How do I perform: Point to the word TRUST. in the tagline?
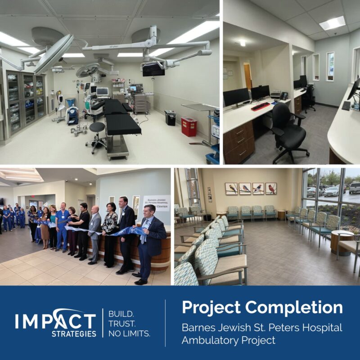point(119,323)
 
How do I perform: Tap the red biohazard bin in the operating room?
point(189,126)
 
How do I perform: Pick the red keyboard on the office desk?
point(260,106)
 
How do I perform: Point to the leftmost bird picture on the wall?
point(231,188)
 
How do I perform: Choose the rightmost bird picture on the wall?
point(271,188)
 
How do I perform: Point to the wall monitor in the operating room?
point(153,69)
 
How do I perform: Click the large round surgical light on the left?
point(53,53)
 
